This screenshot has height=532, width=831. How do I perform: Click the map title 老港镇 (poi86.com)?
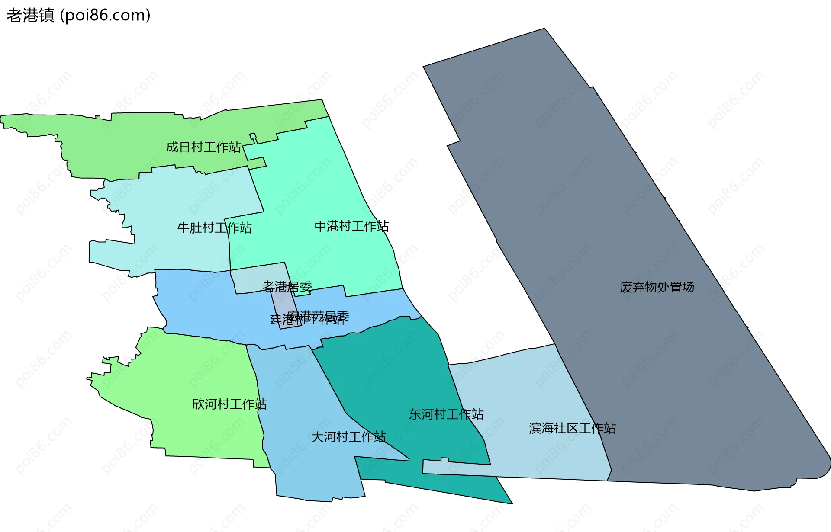78,16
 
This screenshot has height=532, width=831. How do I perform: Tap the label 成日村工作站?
203,147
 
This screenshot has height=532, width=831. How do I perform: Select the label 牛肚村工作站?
214,228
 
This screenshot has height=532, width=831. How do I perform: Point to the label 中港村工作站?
351,226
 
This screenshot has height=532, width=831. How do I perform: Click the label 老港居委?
287,286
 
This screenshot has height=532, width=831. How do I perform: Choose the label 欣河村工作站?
229,404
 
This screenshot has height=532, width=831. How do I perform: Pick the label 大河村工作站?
348,437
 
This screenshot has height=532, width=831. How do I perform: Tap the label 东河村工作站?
446,414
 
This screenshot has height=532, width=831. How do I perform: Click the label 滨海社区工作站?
572,428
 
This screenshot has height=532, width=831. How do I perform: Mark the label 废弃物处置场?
657,287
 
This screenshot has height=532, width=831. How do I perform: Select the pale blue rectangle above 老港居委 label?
255,277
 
